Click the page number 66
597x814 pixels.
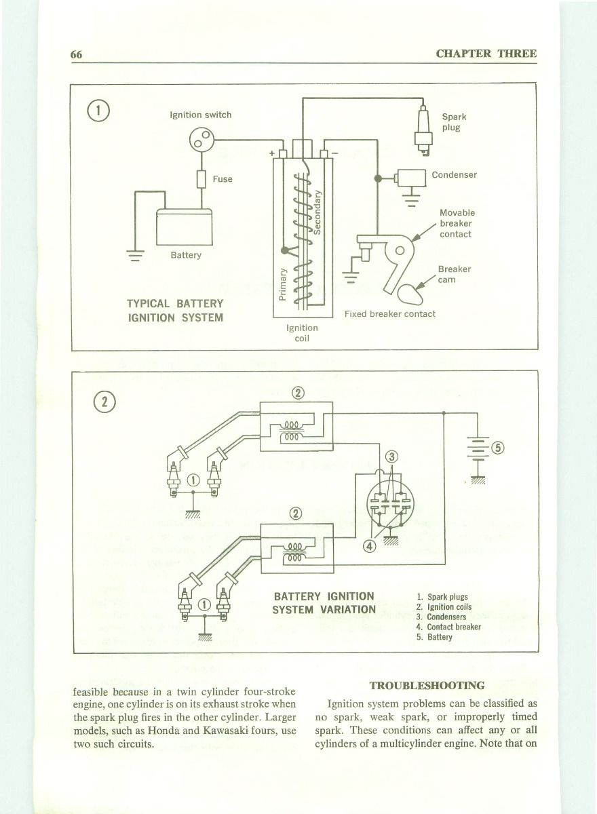pyautogui.click(x=76, y=54)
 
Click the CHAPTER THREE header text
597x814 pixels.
pyautogui.click(x=486, y=54)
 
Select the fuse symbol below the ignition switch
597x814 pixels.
pyautogui.click(x=201, y=179)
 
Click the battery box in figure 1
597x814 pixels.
pyautogui.click(x=185, y=226)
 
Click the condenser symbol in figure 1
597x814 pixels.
pyautogui.click(x=410, y=178)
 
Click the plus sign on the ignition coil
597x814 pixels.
pyautogui.click(x=272, y=153)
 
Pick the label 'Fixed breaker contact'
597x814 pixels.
pyautogui.click(x=390, y=314)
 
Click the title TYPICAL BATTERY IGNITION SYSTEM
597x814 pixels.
pyautogui.click(x=175, y=310)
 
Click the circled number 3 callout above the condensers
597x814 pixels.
pyautogui.click(x=391, y=457)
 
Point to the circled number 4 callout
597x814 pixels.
pyautogui.click(x=370, y=547)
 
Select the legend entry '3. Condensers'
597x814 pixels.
pyautogui.click(x=441, y=617)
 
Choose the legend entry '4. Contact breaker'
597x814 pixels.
pyautogui.click(x=448, y=627)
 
